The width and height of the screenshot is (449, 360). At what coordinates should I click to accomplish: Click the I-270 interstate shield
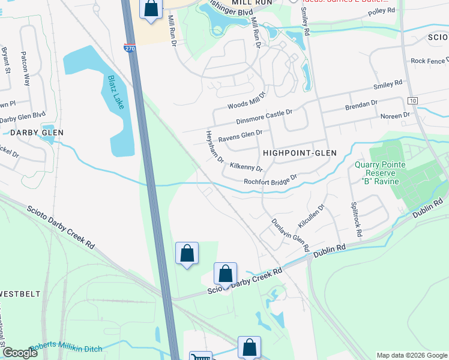click(130, 47)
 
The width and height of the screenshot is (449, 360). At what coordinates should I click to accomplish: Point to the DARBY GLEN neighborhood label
click(24, 132)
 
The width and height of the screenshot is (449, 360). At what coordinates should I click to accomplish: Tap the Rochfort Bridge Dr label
click(270, 180)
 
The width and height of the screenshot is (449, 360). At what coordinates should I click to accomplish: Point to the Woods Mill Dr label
click(246, 100)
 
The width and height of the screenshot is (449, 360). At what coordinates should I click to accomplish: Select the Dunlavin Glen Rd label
click(289, 234)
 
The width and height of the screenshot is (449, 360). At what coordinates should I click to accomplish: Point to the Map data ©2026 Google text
click(412, 355)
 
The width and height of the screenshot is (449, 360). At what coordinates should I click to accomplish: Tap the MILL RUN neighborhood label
click(255, 3)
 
